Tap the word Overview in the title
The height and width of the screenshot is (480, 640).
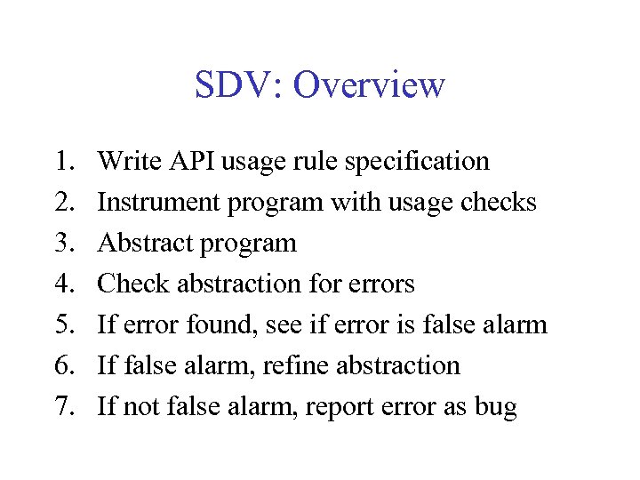click(x=368, y=85)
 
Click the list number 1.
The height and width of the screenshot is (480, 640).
click(x=63, y=161)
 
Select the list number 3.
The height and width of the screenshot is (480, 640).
click(x=63, y=243)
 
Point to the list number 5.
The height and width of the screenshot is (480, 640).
click(x=63, y=324)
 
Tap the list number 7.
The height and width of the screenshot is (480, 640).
click(x=63, y=406)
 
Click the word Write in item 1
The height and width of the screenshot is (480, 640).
click(x=124, y=161)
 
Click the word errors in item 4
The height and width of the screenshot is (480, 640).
click(x=381, y=284)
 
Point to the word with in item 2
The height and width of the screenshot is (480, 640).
click(x=353, y=202)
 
